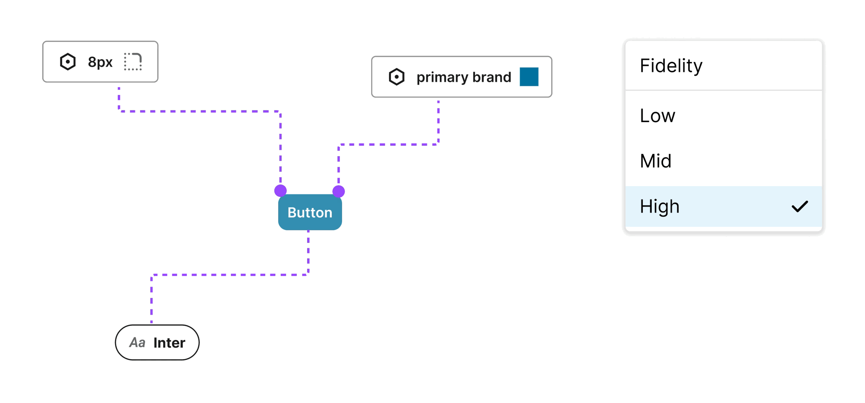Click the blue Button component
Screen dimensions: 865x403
310,213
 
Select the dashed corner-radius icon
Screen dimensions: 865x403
133,62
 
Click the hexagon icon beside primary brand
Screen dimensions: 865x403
396,77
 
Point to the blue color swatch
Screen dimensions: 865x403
529,77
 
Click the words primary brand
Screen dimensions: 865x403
464,77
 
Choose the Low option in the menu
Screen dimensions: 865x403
657,116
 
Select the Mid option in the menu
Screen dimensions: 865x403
656,161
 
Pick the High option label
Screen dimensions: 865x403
660,206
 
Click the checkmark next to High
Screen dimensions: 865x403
800,206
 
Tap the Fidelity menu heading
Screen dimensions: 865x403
671,66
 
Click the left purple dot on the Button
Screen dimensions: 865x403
280,190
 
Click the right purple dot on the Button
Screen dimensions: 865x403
339,191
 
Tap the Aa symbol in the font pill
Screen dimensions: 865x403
137,343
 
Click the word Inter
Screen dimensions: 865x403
169,343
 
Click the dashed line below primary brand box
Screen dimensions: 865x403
438,121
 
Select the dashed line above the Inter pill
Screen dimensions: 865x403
151,299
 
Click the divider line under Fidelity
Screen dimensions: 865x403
723,90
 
